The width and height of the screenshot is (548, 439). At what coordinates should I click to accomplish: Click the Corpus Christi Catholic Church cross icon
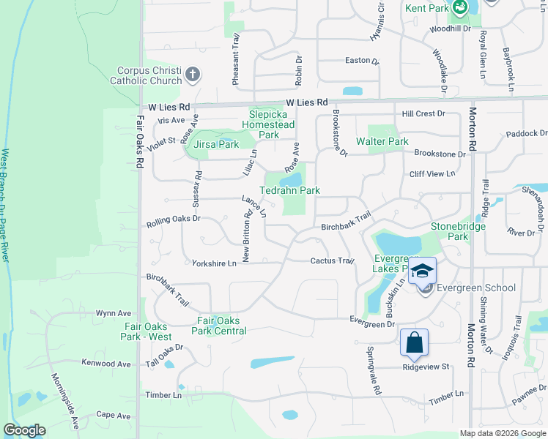193,74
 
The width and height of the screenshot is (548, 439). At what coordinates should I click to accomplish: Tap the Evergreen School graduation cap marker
423,271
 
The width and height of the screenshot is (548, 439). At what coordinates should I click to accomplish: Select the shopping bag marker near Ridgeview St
414,342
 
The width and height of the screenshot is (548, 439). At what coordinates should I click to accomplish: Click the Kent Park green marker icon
460,9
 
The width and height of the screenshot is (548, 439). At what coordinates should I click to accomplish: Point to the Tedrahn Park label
290,190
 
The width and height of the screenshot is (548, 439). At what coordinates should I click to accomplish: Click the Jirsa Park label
216,145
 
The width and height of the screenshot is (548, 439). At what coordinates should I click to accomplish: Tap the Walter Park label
382,141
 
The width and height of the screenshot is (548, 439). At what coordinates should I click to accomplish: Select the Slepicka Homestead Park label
273,124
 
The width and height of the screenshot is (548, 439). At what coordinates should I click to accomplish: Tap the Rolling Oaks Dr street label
173,219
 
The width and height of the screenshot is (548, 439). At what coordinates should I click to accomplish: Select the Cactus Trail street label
332,260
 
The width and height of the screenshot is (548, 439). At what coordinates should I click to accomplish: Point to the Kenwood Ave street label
106,364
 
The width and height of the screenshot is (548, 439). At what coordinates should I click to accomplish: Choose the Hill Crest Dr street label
423,114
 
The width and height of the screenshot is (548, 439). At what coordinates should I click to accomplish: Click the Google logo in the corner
24,430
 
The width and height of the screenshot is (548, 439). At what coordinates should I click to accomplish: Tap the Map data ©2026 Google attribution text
503,433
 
